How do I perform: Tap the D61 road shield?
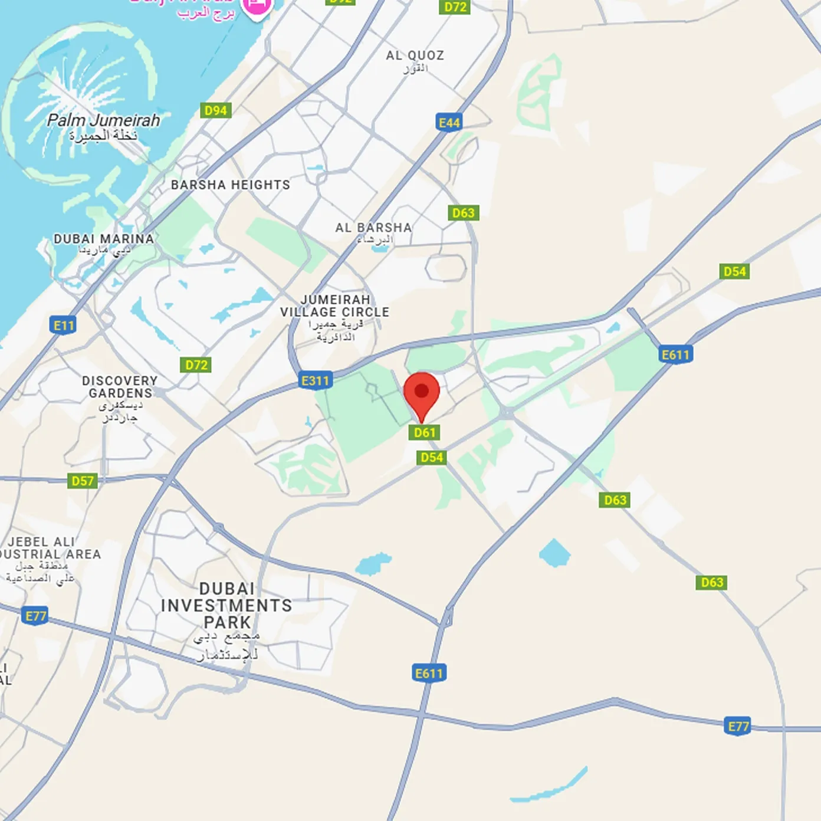pyautogui.click(x=424, y=433)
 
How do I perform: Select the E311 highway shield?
pyautogui.click(x=316, y=380)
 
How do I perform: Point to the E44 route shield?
pyautogui.click(x=449, y=123)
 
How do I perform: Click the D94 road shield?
pyautogui.click(x=216, y=110)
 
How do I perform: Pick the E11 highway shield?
pyautogui.click(x=64, y=325)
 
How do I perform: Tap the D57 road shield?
pyautogui.click(x=83, y=481)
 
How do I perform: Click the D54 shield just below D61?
pyautogui.click(x=432, y=458)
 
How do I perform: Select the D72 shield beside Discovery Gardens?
pyautogui.click(x=196, y=365)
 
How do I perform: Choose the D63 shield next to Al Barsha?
pyautogui.click(x=463, y=213)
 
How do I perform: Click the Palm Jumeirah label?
pyautogui.click(x=103, y=121)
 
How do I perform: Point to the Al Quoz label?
pyautogui.click(x=415, y=56)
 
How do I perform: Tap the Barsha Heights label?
pyautogui.click(x=231, y=185)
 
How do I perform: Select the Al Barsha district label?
pyautogui.click(x=373, y=228)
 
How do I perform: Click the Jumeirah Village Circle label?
pyautogui.click(x=335, y=306)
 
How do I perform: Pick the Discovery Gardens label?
pyautogui.click(x=120, y=387)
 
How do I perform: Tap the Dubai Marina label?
pyautogui.click(x=104, y=239)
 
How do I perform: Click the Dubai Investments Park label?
pyautogui.click(x=226, y=606)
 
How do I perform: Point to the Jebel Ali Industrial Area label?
pyautogui.click(x=47, y=548)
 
